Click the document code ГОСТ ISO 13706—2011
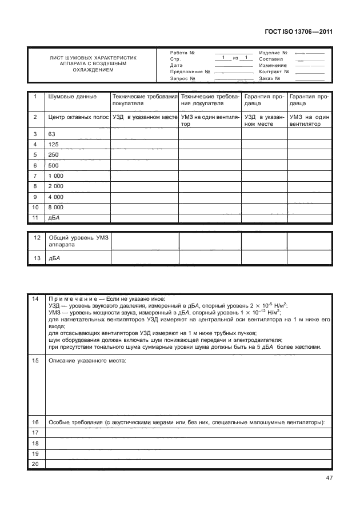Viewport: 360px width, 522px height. (299, 32)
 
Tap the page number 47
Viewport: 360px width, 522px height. (327, 478)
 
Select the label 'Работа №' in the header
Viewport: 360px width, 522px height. (183, 52)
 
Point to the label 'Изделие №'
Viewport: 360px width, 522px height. (273, 52)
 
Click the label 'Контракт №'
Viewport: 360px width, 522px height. (274, 72)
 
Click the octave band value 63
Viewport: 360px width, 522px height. (52, 134)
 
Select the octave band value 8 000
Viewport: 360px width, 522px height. (56, 207)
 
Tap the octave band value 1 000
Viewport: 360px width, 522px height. (56, 176)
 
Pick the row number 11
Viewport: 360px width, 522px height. (35, 218)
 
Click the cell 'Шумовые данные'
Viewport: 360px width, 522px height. (72, 97)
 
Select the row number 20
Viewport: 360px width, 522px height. (35, 464)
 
